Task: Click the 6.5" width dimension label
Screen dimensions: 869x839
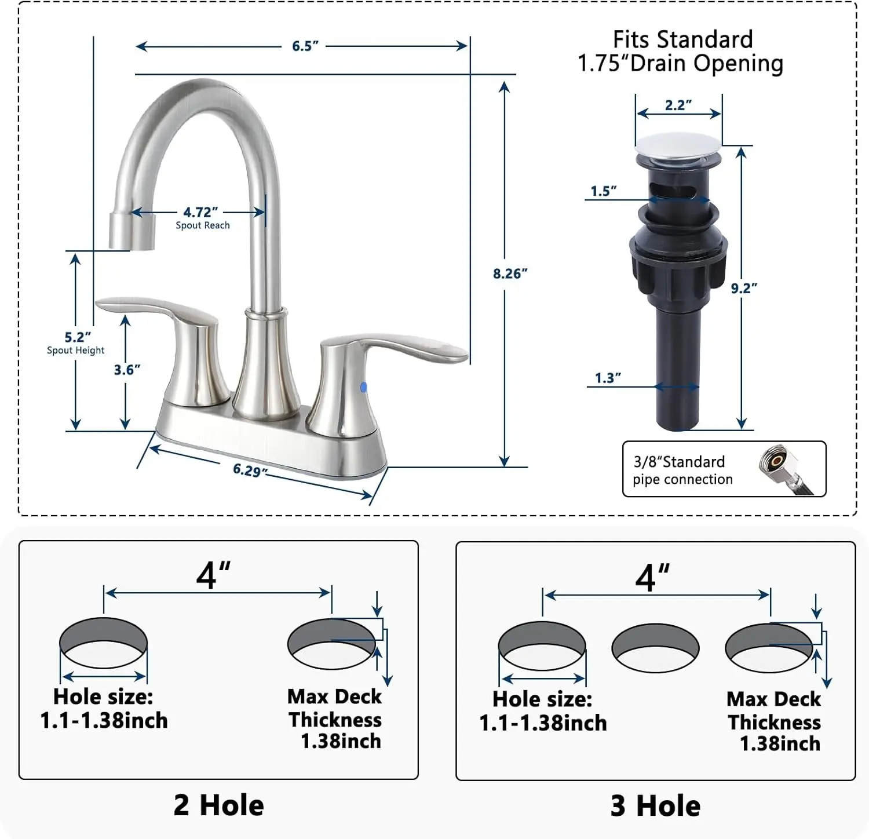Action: click(x=305, y=46)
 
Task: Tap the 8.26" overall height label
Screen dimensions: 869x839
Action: click(x=510, y=273)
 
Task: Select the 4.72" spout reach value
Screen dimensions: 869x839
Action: click(x=200, y=213)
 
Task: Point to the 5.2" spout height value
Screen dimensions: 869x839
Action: click(x=78, y=337)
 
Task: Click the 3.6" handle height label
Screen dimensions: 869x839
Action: click(x=127, y=370)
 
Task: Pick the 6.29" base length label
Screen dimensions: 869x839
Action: click(x=250, y=470)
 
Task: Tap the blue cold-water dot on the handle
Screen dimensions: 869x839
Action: click(x=364, y=387)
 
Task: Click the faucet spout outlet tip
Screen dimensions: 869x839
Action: click(x=132, y=232)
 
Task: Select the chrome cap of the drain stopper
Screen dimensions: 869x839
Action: click(x=678, y=143)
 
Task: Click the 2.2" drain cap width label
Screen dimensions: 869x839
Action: click(x=678, y=105)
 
